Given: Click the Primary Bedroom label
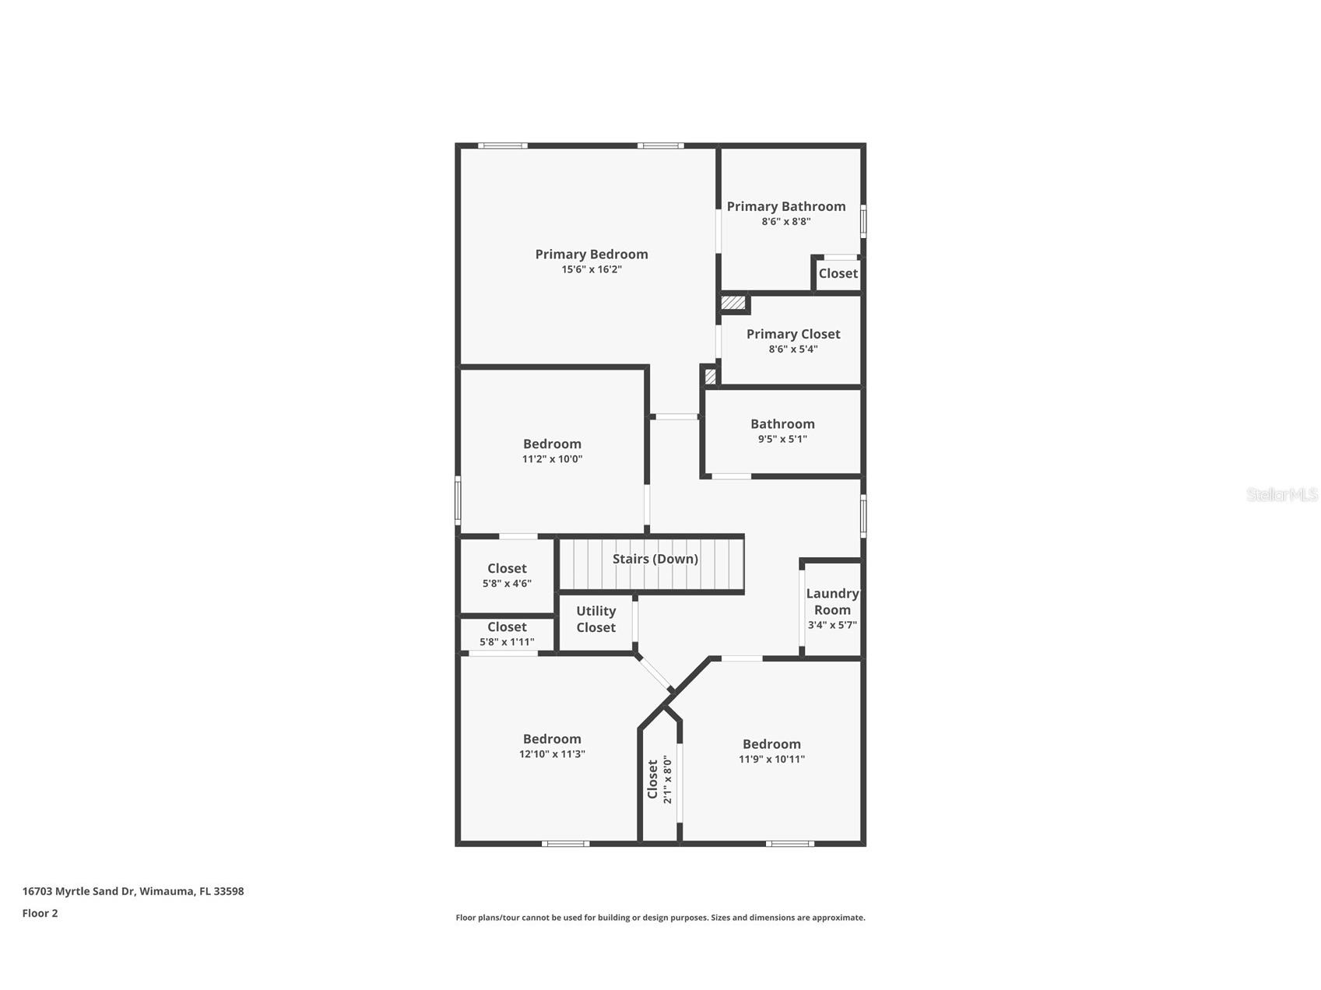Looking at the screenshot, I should tap(591, 255).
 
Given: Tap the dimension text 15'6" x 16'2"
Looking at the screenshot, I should tap(592, 270).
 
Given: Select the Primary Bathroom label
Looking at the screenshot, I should tap(785, 206).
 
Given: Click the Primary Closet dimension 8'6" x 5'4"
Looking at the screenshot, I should tap(792, 349).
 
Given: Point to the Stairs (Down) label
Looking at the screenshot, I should tap(655, 559).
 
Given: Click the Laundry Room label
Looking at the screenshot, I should tap(831, 602).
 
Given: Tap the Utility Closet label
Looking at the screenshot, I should tap(596, 620).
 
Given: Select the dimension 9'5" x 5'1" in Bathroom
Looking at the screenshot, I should tap(782, 439).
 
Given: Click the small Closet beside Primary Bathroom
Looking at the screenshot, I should tap(838, 274).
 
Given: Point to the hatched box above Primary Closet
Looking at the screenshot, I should tap(733, 302).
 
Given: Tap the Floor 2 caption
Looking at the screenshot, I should tap(40, 914).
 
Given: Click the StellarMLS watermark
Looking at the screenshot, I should tap(1281, 494).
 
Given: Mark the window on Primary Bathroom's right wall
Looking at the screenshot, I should tap(863, 221).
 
